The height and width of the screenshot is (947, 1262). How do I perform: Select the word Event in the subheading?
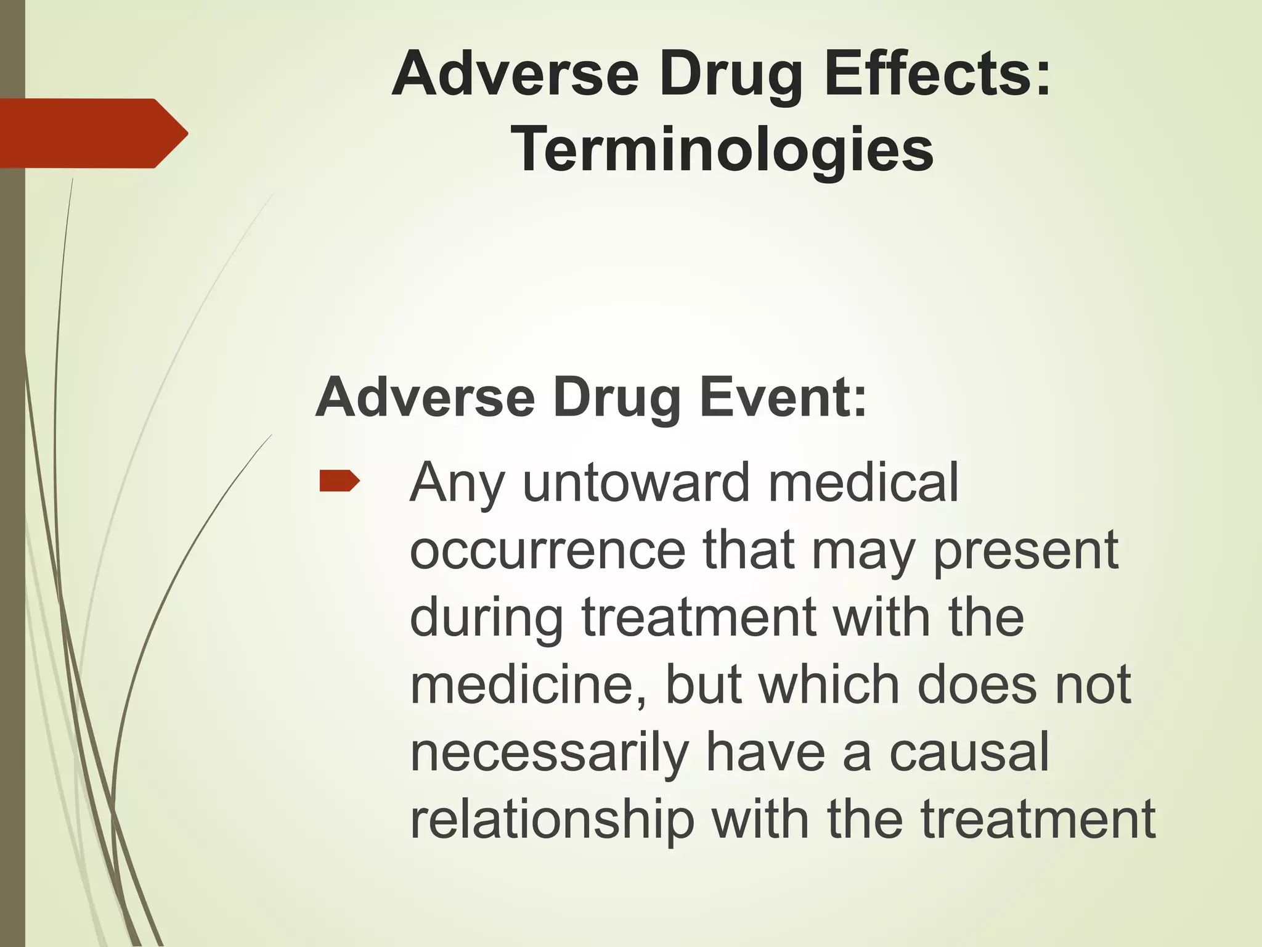coord(783,398)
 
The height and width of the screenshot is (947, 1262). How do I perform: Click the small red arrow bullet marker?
coord(339,481)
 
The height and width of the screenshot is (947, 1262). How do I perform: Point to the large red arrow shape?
coord(92,133)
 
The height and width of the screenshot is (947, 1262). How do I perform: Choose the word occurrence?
coord(547,550)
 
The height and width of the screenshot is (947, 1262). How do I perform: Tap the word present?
coord(1025,550)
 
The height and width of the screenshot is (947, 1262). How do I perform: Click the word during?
coord(486,618)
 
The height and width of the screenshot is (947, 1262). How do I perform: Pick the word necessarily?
coord(548,753)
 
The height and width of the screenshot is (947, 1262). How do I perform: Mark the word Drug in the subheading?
coord(616,398)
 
